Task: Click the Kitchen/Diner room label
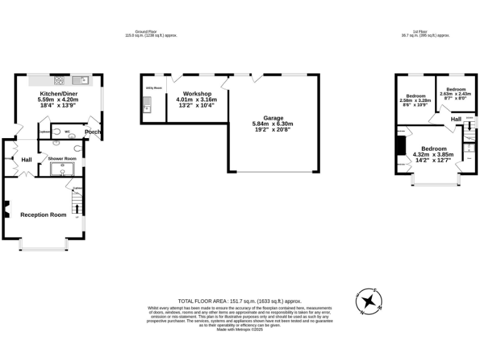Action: point(57,92)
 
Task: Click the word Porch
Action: point(92,132)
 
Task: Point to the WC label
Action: point(67,131)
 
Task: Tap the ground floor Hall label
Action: point(27,160)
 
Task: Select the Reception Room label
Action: point(43,215)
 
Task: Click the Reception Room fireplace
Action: point(7,210)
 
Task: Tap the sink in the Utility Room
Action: point(147,109)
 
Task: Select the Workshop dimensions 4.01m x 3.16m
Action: point(196,99)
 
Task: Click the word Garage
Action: point(273,117)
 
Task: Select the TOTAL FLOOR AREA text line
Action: point(240,301)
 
